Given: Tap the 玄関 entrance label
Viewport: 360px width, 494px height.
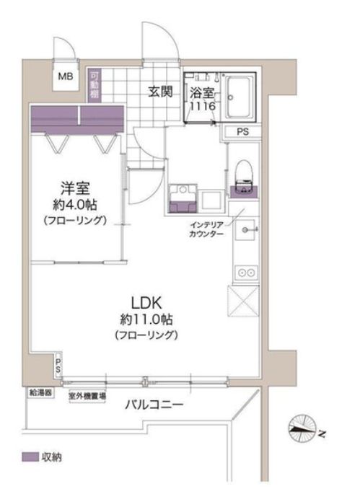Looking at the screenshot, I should (160, 92).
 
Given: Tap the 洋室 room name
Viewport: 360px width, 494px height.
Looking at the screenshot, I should (74, 190).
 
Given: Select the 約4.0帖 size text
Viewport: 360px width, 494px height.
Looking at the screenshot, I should (74, 204).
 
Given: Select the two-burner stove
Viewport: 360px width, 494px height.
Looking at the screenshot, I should (245, 273).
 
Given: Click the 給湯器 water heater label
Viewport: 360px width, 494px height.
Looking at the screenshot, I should (40, 394).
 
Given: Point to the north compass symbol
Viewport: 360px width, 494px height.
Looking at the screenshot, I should (302, 430).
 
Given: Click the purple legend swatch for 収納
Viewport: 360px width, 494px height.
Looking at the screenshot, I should (29, 457).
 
